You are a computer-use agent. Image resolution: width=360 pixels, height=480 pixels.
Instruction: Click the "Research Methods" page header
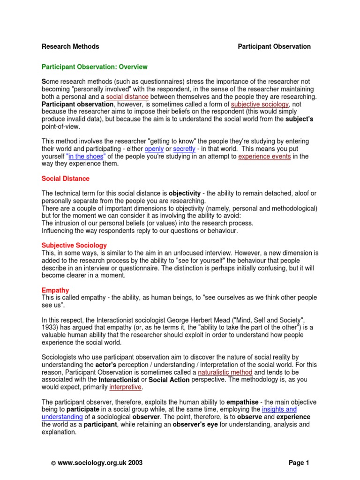click(70, 46)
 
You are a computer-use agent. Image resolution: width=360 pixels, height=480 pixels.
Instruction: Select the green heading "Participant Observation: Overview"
click(95, 67)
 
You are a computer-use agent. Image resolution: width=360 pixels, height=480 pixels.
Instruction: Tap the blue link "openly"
click(154, 149)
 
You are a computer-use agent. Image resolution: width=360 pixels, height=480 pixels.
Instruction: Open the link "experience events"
click(264, 157)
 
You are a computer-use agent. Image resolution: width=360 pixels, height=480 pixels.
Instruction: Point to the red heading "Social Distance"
click(65, 179)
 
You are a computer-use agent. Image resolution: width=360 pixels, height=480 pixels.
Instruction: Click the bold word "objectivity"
click(187, 193)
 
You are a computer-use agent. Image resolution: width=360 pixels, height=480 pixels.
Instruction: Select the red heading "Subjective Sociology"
click(74, 245)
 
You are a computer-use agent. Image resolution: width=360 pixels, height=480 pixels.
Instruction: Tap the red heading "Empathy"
click(55, 290)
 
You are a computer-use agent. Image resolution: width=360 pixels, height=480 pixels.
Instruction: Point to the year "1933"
click(50, 328)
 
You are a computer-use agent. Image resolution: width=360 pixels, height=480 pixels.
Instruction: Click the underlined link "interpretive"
click(125, 387)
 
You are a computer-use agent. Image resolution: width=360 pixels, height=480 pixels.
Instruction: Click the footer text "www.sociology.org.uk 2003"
click(99, 463)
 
